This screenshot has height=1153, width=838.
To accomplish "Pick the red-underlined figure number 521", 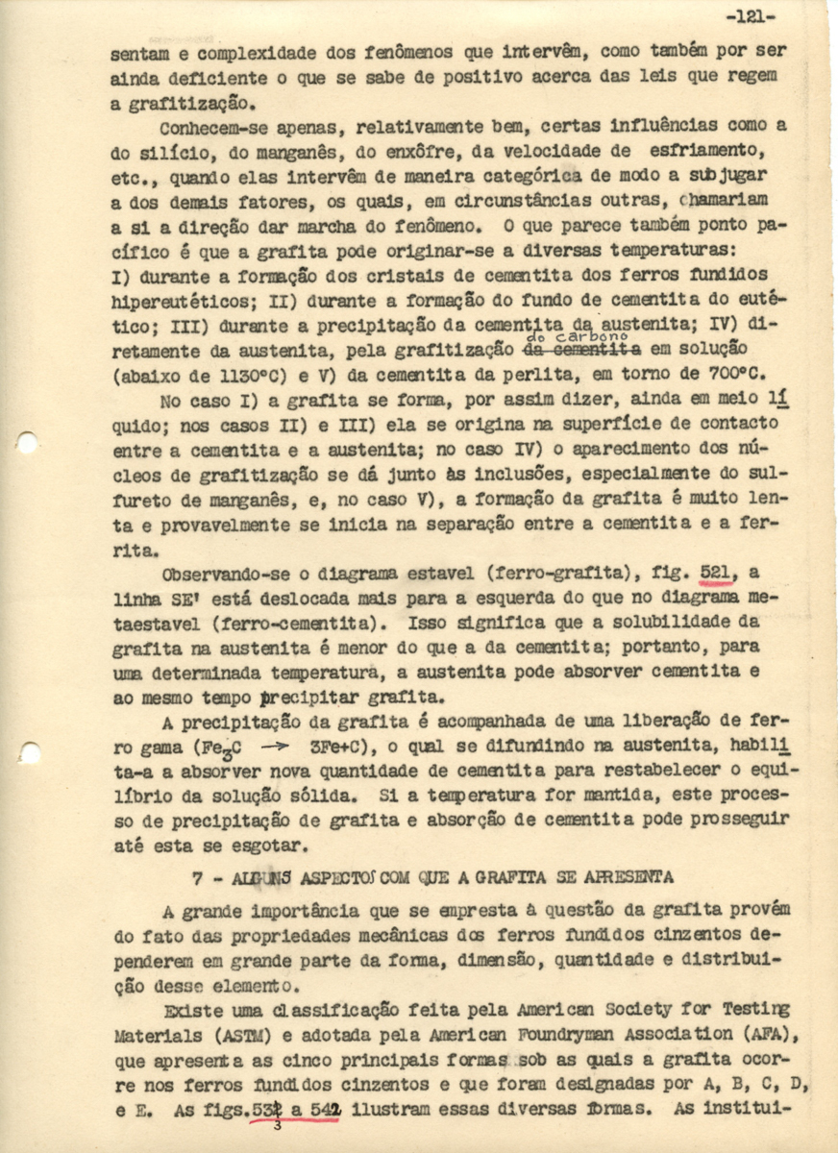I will pos(718,574).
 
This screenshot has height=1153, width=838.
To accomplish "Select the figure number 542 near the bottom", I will pos(325,1107).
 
